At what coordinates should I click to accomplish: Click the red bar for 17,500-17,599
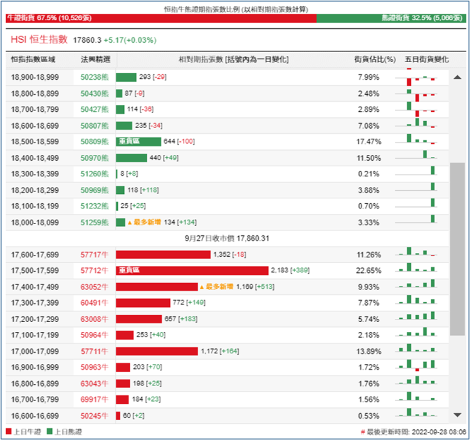(192, 270)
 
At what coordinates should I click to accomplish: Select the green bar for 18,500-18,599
(138, 142)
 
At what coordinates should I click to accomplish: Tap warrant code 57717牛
(95, 254)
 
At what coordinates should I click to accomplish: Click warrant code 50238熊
(95, 77)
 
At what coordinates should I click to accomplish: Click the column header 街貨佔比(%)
(375, 60)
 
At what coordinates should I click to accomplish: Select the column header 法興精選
(95, 60)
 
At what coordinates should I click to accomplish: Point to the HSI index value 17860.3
(86, 40)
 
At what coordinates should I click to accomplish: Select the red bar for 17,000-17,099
(157, 351)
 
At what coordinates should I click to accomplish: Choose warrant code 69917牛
(95, 399)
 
